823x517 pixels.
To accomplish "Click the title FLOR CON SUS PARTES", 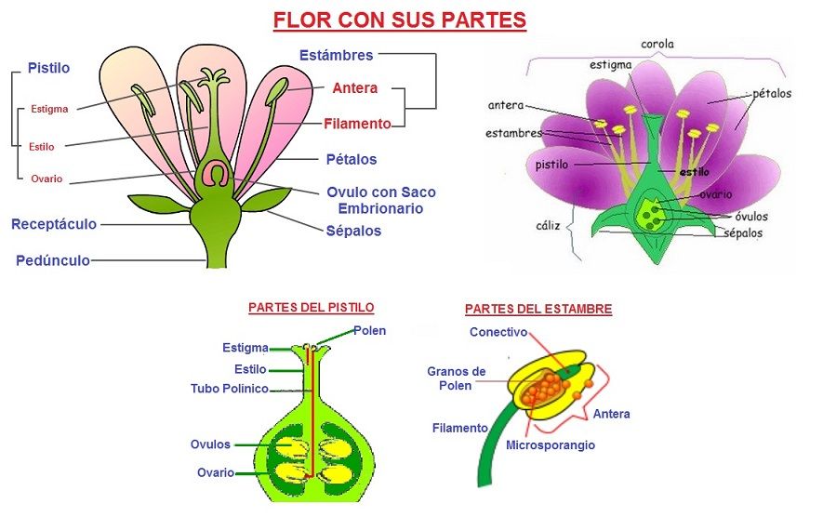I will pos(399,20).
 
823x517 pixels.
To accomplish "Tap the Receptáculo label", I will pos(53,224).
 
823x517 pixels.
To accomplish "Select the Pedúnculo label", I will pos(53,260).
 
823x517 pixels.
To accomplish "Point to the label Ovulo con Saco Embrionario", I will pos(380,200).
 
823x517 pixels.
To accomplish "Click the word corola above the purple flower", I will pos(657,44).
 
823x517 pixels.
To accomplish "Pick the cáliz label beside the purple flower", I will pos(548,225).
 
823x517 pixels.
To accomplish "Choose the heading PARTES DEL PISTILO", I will pos(312,307).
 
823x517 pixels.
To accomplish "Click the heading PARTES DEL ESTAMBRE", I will pos(538,309).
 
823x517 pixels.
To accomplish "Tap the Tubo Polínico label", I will pos(230,389).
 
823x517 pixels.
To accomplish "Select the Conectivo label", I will pos(498,332).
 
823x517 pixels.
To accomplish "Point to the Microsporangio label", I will pos(551,445).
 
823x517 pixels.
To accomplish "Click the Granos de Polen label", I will pos(456,378).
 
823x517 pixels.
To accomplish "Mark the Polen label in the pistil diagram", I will pos(369,330).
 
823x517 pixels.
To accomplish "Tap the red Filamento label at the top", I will pos(357,123).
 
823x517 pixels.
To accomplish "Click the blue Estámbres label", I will pos(336,55).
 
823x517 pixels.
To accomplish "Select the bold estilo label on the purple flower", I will pos(694,172).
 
